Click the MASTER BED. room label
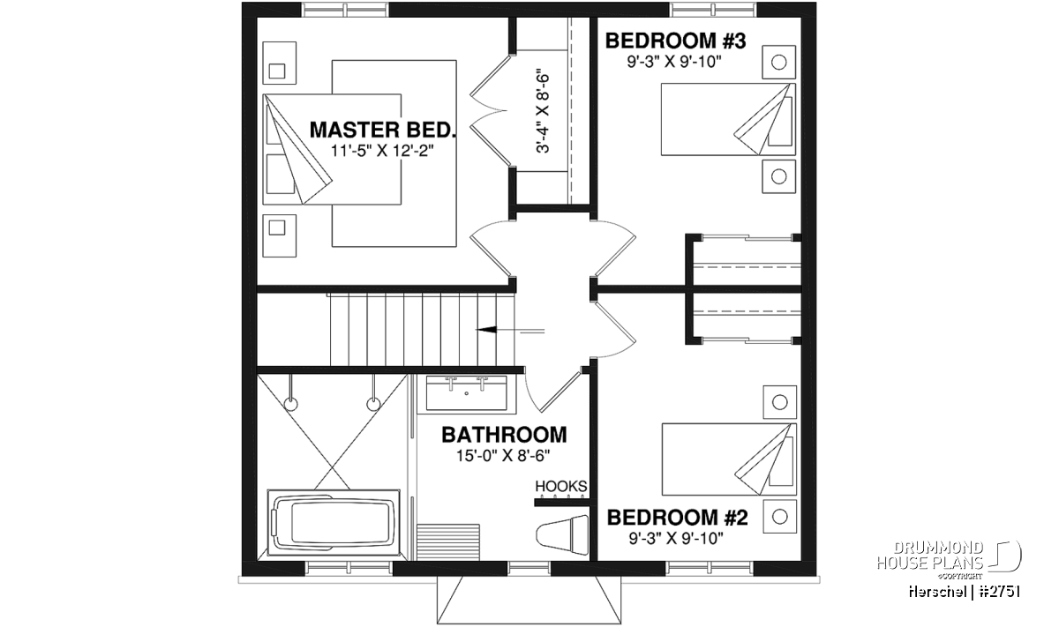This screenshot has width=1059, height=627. click(383, 130)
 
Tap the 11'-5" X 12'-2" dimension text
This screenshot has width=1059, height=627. click(382, 151)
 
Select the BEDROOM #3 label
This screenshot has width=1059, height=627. click(676, 41)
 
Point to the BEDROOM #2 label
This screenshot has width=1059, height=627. click(678, 518)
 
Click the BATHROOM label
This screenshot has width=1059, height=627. click(504, 435)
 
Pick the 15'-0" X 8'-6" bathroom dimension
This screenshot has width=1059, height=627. click(503, 456)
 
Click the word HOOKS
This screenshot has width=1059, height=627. click(561, 486)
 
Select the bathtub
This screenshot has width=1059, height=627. click(334, 522)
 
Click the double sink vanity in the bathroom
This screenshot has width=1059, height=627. click(467, 393)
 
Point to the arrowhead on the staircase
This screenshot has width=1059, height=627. click(486, 330)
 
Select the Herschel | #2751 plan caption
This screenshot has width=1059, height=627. click(964, 592)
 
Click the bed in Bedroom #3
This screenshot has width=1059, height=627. click(728, 119)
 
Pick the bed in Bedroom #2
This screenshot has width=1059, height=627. click(729, 459)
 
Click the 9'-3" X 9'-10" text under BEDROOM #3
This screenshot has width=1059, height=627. click(674, 62)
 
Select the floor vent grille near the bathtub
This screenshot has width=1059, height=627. click(448, 541)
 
